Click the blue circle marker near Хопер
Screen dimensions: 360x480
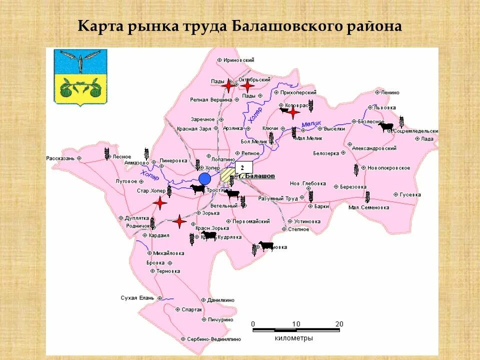coord(204,178)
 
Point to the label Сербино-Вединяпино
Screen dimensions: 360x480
coord(214,338)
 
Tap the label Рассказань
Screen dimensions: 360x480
coord(60,158)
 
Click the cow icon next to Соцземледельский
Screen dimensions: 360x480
coord(385,127)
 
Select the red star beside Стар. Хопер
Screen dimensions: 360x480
coord(159,203)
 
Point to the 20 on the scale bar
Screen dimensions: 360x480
coord(339,324)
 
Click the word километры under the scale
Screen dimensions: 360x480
coord(294,338)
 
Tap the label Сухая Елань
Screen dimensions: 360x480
coord(136,297)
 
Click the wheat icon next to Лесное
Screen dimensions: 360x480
coord(107,154)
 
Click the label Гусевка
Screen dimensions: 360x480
coord(410,194)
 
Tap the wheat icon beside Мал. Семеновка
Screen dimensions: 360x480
coord(367,196)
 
